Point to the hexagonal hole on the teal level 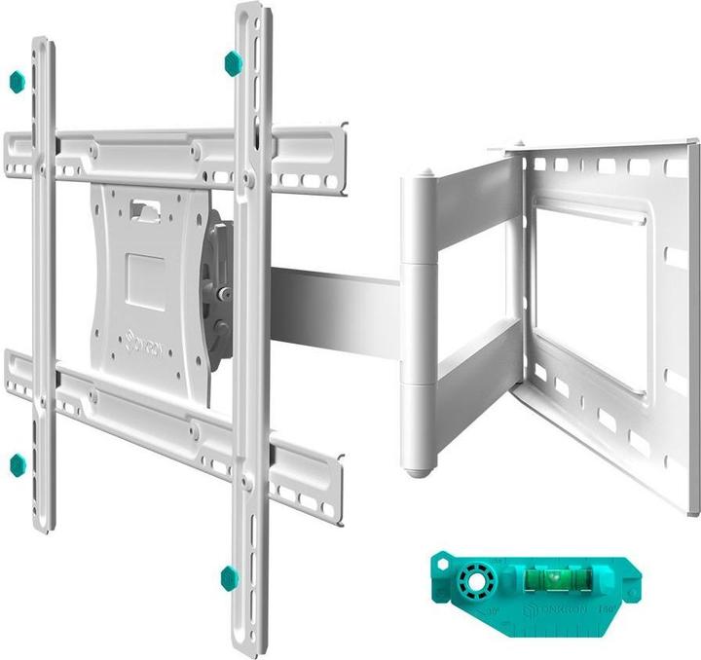tap(443, 563)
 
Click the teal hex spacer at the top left tap(16, 81)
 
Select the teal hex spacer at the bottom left tap(18, 464)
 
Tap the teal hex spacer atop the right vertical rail tap(233, 63)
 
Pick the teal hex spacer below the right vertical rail tap(230, 578)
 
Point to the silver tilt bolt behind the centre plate tap(224, 291)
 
